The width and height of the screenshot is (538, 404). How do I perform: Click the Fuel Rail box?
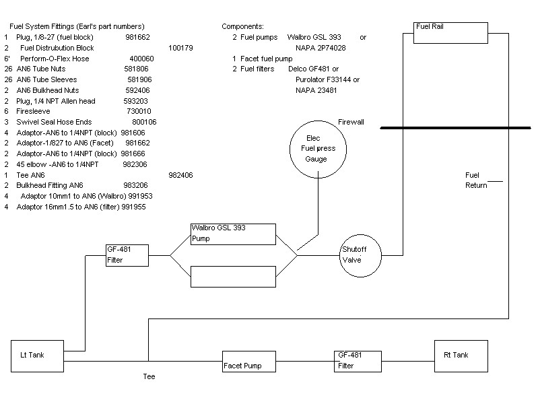click(450, 32)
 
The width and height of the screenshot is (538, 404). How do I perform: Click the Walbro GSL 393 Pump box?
click(233, 234)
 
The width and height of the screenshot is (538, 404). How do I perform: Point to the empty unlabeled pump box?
click(233, 276)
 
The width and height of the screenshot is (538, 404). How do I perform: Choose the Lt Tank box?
click(38, 356)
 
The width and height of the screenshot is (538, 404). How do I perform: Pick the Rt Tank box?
click(461, 356)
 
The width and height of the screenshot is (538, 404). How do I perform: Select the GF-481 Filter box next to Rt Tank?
click(357, 361)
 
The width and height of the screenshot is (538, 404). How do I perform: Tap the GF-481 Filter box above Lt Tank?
click(127, 255)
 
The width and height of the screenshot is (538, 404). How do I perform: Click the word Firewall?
click(351, 122)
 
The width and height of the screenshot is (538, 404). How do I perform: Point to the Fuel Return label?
click(476, 180)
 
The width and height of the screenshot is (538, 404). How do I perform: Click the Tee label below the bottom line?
click(149, 377)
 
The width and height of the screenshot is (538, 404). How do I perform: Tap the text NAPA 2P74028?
click(321, 48)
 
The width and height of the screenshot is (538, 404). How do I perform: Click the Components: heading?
click(243, 26)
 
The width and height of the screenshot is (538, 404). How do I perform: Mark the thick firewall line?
click(458, 127)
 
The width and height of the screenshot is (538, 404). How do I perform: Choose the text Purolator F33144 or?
click(327, 79)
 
